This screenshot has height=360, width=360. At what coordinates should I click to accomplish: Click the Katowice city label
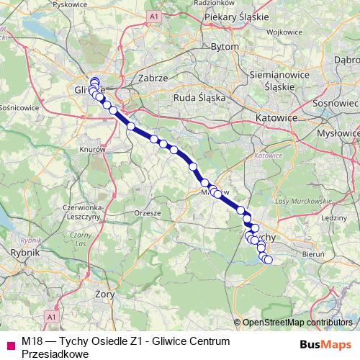click(276, 117)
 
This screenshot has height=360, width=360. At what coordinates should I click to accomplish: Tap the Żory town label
click(106, 294)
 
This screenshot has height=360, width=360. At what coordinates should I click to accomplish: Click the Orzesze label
click(148, 214)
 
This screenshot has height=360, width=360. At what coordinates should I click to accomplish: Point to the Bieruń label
click(312, 253)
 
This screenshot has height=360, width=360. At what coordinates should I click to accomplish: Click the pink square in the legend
click(9, 344)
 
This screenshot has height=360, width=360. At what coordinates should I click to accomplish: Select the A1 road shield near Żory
click(51, 316)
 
